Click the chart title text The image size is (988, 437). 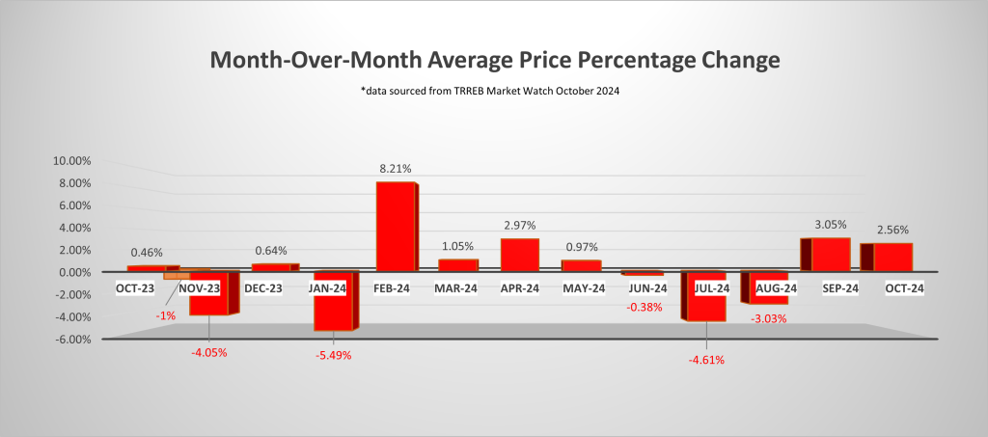pyautogui.click(x=494, y=60)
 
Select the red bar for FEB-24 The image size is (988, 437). pyautogui.click(x=395, y=227)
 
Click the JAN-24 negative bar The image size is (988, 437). pyautogui.click(x=333, y=301)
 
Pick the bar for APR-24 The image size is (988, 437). pyautogui.click(x=519, y=255)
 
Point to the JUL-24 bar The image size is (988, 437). pyautogui.click(x=703, y=296)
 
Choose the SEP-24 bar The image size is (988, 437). pyautogui.click(x=830, y=254)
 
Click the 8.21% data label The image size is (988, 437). pyautogui.click(x=395, y=168)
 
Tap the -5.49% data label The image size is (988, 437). pyautogui.click(x=333, y=355)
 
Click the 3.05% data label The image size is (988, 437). pyautogui.click(x=831, y=225)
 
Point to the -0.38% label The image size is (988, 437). pyautogui.click(x=644, y=309)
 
